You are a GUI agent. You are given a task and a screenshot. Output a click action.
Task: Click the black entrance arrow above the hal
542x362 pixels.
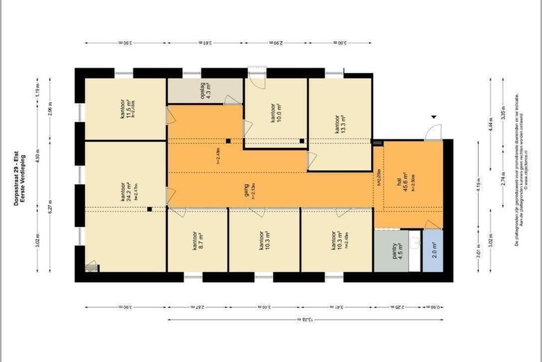[434, 118]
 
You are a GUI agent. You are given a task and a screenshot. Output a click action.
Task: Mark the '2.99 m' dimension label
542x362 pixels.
[277, 43]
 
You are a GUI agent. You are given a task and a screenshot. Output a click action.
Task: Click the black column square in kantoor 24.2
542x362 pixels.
[149, 208]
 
